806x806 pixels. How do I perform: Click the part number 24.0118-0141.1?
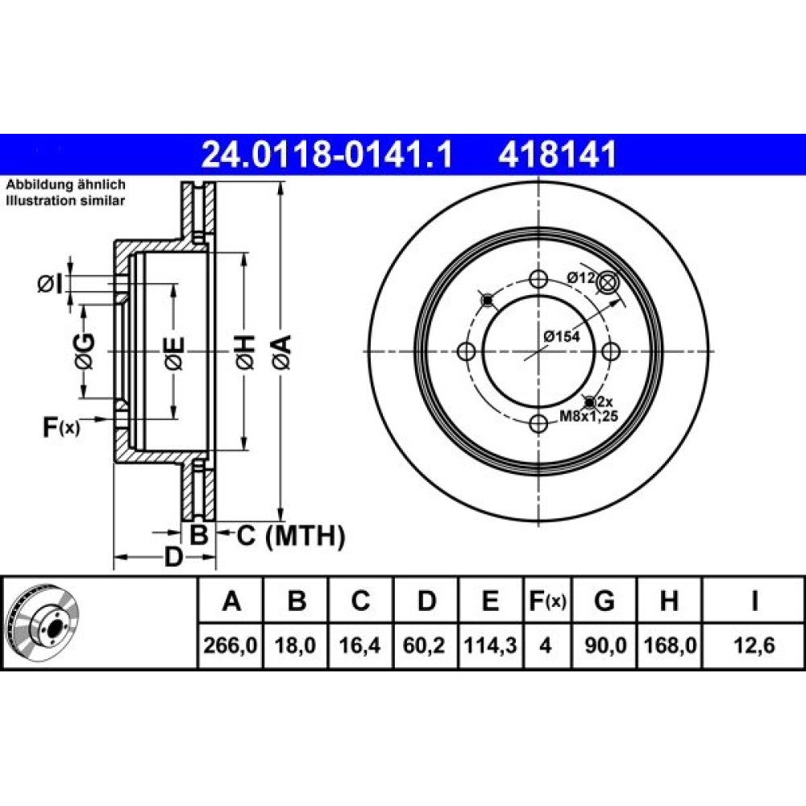tap(327, 155)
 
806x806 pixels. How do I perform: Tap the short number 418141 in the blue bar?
tap(557, 155)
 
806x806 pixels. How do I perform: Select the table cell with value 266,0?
tap(231, 645)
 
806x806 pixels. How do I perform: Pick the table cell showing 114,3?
tap(490, 645)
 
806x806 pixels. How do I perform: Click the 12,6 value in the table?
tap(754, 645)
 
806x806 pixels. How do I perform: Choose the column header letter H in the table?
tap(669, 600)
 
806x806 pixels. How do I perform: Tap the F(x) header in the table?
tap(547, 600)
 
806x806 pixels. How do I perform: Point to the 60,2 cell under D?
tap(425, 645)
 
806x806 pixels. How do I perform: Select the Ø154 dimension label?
tap(562, 337)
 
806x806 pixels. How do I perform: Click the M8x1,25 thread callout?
tap(588, 416)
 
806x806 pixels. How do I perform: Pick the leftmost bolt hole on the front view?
tap(466, 351)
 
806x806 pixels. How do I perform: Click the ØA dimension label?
tap(281, 351)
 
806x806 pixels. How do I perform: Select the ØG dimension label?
tap(85, 351)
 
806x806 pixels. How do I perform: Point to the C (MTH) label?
tap(290, 536)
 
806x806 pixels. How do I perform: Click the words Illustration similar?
tap(65, 201)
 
